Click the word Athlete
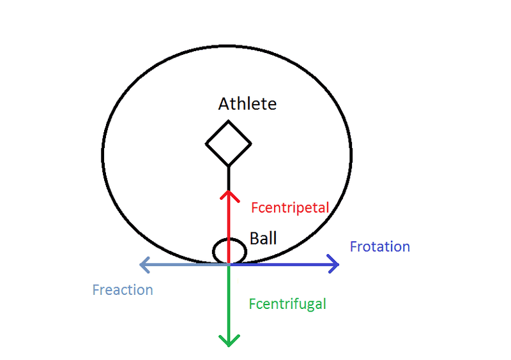tap(247, 103)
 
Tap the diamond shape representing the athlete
tap(228, 143)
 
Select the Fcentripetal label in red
tap(290, 207)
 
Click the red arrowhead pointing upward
tap(229, 193)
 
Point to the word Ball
tap(263, 239)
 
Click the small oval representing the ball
tap(229, 251)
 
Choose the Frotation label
tap(380, 246)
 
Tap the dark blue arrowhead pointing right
tap(333, 264)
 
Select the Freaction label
tap(123, 290)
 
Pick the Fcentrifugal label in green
tap(287, 304)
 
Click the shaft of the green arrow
tap(229, 300)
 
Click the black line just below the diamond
tap(229, 176)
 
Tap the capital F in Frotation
tap(353, 246)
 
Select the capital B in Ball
tap(254, 239)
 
